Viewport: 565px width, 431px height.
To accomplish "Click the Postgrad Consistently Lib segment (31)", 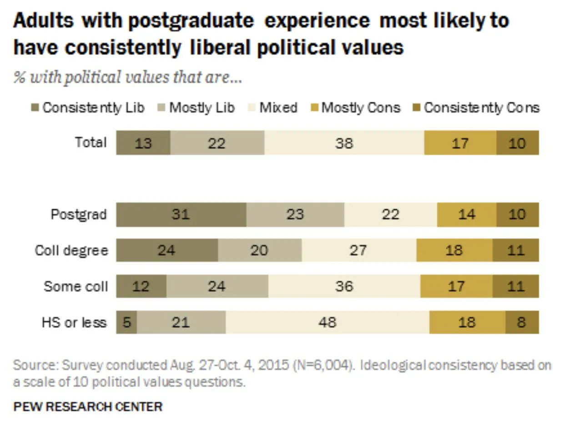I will click(181, 214).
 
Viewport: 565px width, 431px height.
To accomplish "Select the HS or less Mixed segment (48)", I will click(327, 322).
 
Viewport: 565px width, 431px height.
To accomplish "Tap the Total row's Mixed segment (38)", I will click(344, 143).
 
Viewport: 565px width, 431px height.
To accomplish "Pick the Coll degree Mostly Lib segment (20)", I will click(259, 250).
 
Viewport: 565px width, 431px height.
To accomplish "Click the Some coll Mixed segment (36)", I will click(344, 287).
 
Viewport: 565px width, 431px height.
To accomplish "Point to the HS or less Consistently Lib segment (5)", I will click(126, 322).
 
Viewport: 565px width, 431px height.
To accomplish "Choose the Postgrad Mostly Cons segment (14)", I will click(466, 214).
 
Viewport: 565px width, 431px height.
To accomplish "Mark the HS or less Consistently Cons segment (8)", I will click(522, 322).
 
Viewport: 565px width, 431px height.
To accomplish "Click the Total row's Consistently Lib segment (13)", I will click(143, 143).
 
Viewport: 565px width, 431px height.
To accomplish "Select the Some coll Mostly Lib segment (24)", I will click(217, 287).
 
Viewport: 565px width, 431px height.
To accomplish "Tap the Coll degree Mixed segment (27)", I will click(358, 250).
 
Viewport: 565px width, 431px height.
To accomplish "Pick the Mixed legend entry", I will click(278, 108).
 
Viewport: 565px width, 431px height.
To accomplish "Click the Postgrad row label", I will click(79, 214).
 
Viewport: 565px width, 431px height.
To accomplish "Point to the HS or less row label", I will click(74, 322).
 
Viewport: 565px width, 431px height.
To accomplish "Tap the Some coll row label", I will click(76, 287).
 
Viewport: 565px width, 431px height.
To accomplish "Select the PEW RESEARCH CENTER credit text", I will click(88, 406).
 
